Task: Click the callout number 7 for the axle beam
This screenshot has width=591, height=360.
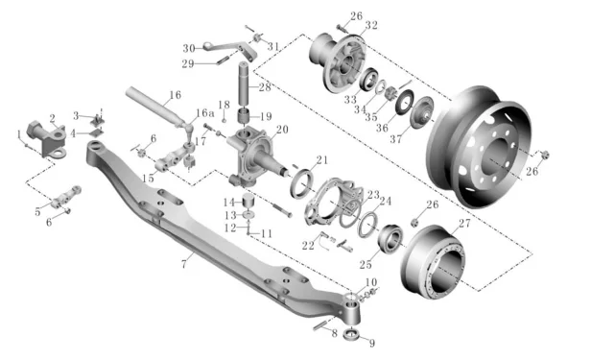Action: (x=184, y=264)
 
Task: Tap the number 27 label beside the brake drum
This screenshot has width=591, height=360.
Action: (x=464, y=224)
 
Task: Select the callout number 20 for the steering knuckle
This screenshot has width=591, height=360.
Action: (x=282, y=130)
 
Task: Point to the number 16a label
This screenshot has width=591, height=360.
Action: (x=204, y=112)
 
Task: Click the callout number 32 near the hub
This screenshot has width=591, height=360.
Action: (x=371, y=25)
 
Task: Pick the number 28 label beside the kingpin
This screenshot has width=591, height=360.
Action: (x=265, y=87)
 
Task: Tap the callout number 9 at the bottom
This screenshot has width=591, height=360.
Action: (x=371, y=343)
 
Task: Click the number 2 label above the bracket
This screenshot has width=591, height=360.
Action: (x=53, y=118)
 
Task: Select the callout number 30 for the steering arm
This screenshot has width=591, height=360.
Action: (x=189, y=49)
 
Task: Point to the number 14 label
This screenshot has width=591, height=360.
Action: (x=229, y=203)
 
